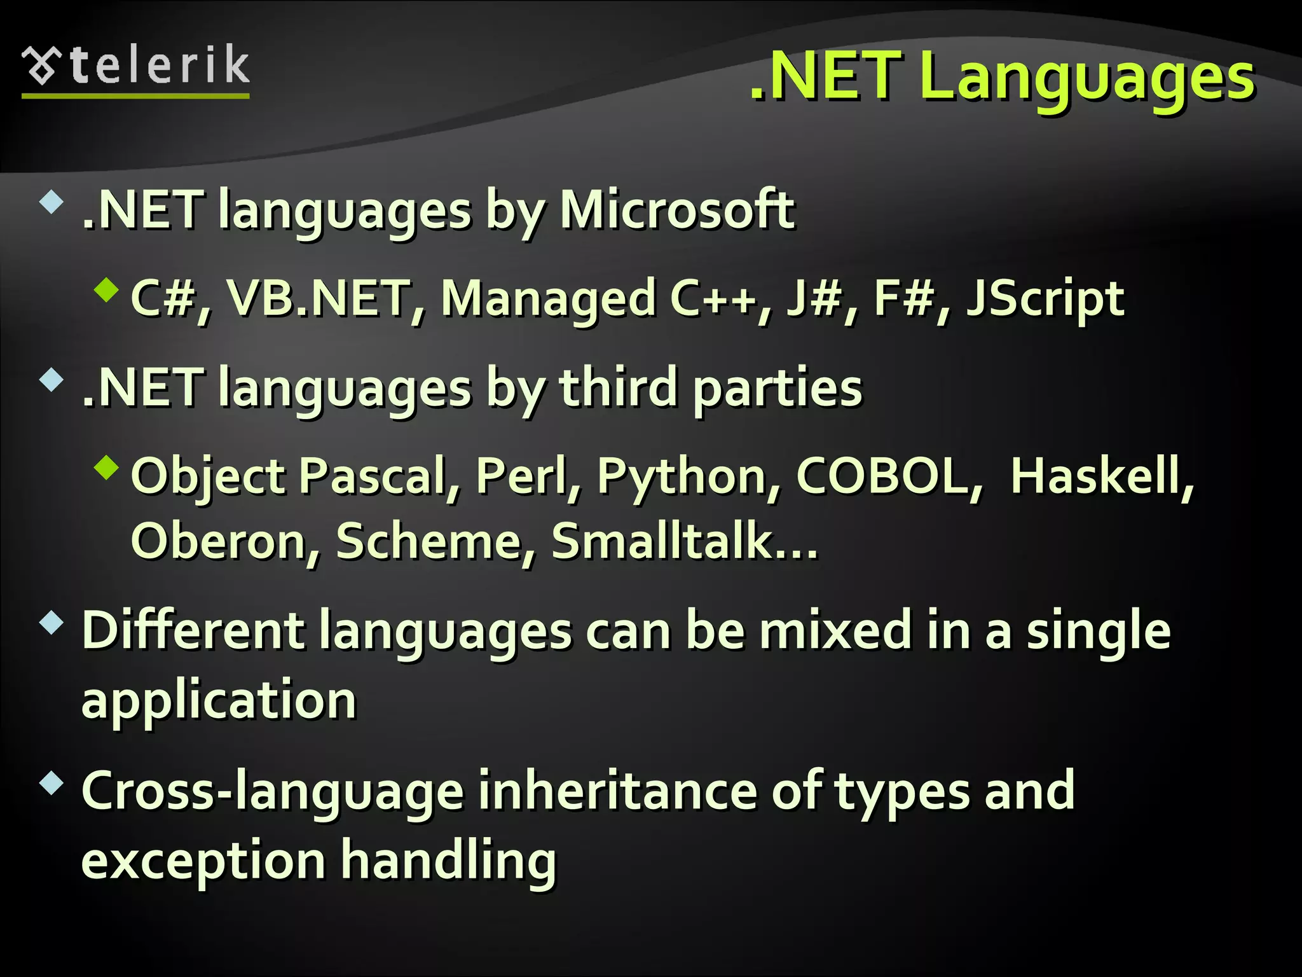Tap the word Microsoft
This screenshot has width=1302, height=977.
click(x=676, y=210)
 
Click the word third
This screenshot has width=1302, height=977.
click(x=618, y=388)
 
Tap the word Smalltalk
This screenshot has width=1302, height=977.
click(x=670, y=541)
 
